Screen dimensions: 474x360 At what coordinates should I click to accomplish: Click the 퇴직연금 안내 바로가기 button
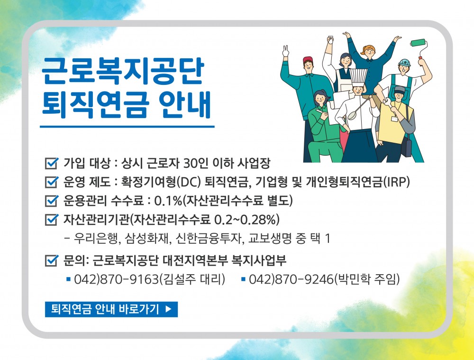pyautogui.click(x=111, y=309)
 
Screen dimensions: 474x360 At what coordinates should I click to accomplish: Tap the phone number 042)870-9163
pyautogui.click(x=117, y=279)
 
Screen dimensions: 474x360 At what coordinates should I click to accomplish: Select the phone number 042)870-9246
pyautogui.click(x=291, y=279)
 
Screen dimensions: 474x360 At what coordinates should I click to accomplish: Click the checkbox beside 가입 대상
pyautogui.click(x=51, y=163)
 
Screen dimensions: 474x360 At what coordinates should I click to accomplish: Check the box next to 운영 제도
pyautogui.click(x=51, y=182)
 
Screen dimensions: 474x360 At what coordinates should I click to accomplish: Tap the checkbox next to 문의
pyautogui.click(x=51, y=260)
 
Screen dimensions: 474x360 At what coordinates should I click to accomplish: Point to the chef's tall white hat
pyautogui.click(x=358, y=77)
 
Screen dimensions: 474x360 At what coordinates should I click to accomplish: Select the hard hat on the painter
pyautogui.click(x=404, y=63)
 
